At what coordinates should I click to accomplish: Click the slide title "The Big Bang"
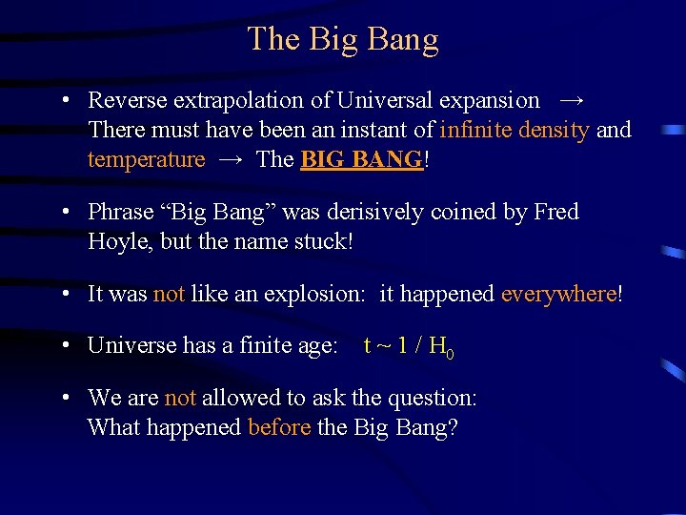(343, 39)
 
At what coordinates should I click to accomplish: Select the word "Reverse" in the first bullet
(126, 100)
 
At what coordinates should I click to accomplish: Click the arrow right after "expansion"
(572, 100)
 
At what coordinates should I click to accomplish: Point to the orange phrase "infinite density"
(515, 130)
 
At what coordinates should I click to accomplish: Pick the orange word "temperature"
(146, 159)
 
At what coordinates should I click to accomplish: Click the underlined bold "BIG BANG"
(361, 159)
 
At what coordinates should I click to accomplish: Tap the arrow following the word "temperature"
(231, 159)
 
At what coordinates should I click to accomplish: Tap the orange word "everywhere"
(559, 295)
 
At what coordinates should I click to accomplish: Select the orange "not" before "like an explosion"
(169, 295)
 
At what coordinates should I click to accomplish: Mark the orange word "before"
(279, 427)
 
